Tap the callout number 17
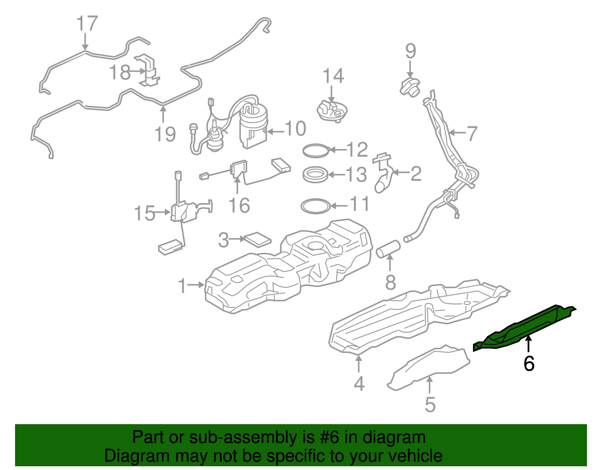click(87, 23)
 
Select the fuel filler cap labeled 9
click(410, 87)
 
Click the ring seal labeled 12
click(316, 151)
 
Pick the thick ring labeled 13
click(316, 175)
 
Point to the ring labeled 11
click(316, 206)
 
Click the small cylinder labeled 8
click(388, 249)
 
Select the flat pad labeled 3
click(257, 240)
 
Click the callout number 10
click(295, 129)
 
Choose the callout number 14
click(334, 76)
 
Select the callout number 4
click(359, 383)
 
